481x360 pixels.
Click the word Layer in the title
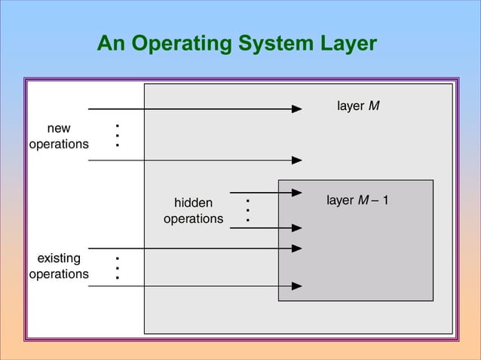click(x=345, y=44)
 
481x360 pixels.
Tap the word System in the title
click(x=273, y=44)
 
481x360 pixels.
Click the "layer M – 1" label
click(x=357, y=201)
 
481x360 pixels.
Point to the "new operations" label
click(x=59, y=136)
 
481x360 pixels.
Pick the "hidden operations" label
click(x=193, y=211)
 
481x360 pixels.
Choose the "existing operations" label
click(x=59, y=267)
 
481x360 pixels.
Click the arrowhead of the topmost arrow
click(x=297, y=109)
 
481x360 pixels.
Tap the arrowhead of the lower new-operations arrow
click(x=297, y=160)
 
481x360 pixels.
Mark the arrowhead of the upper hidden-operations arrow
click(x=297, y=192)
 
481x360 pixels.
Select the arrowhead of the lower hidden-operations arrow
click(x=297, y=227)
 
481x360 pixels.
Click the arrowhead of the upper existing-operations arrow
click(x=297, y=248)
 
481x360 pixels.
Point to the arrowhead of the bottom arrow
click(x=297, y=285)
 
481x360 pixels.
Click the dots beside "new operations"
click(x=118, y=135)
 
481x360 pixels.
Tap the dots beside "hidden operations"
click(x=247, y=210)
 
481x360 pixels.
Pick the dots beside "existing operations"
click(x=118, y=267)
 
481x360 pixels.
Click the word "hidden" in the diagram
click(x=193, y=203)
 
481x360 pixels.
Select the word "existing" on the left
click(x=59, y=259)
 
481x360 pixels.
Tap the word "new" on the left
click(x=59, y=129)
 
